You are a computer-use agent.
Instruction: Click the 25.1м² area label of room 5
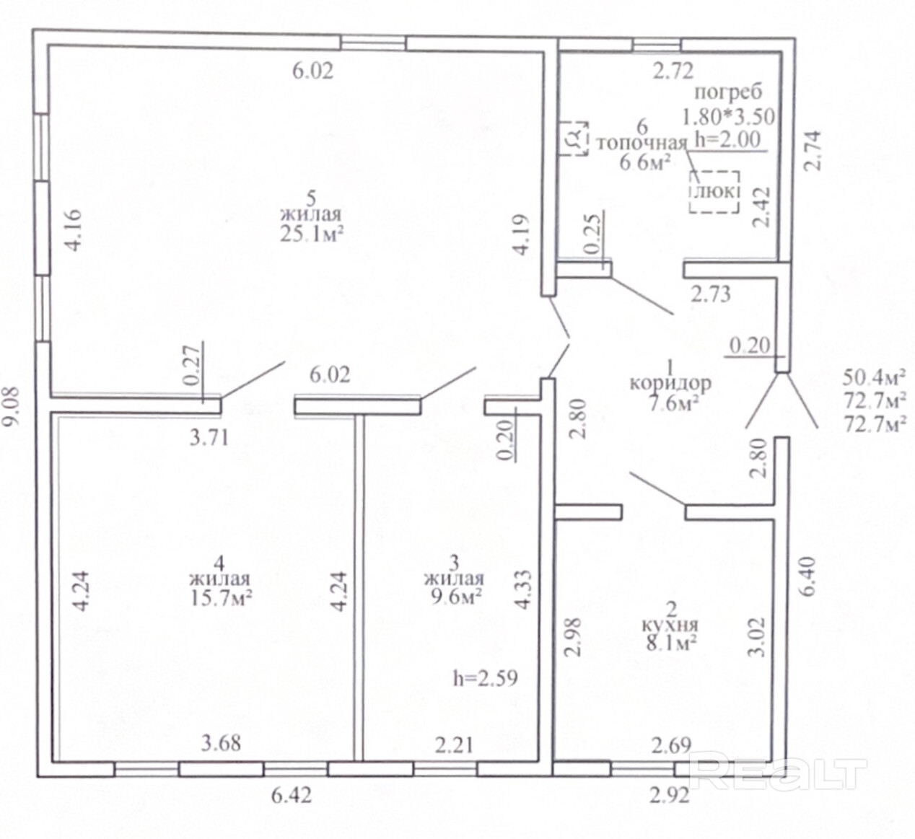[312, 234]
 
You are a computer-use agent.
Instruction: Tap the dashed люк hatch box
[714, 192]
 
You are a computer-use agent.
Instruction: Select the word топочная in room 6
[642, 144]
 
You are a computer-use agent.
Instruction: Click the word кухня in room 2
[670, 625]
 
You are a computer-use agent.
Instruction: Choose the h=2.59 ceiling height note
[486, 678]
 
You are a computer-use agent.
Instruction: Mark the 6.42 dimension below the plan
[292, 795]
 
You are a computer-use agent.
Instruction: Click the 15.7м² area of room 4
[222, 597]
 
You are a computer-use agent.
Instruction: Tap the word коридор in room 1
[670, 384]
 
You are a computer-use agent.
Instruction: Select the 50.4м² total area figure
[873, 378]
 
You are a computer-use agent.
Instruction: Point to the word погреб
[728, 92]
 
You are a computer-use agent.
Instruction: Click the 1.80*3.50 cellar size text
[728, 117]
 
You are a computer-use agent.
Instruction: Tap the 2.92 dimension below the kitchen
[670, 796]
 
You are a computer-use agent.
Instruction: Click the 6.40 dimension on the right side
[807, 576]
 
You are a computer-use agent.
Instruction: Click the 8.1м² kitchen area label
[670, 643]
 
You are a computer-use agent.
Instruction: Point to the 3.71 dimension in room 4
[208, 439]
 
